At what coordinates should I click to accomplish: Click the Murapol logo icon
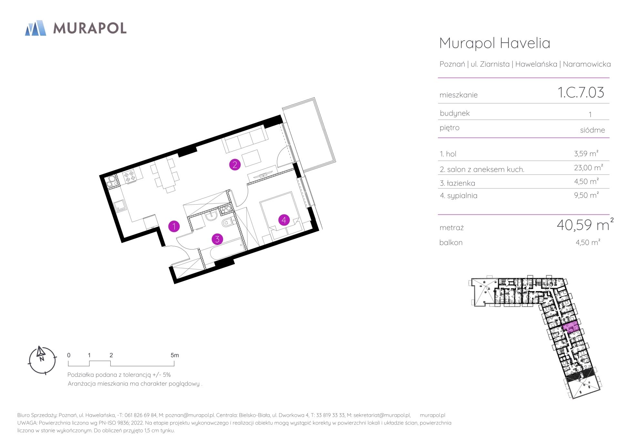click(x=36, y=28)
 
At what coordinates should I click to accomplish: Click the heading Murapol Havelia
click(x=495, y=43)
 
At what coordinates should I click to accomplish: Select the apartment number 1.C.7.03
click(x=581, y=92)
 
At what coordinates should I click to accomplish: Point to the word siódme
click(x=593, y=130)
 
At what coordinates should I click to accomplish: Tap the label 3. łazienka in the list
click(x=457, y=183)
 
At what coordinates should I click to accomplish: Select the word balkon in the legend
click(x=451, y=242)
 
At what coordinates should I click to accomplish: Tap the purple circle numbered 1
click(x=174, y=226)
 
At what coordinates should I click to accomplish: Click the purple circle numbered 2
click(x=235, y=164)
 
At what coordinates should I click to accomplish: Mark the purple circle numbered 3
click(x=217, y=239)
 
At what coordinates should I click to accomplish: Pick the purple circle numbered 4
click(x=284, y=220)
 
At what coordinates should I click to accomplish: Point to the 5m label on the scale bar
click(x=175, y=355)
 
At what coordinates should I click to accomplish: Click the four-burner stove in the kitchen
click(x=130, y=175)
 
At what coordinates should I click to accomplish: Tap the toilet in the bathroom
click(x=228, y=222)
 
